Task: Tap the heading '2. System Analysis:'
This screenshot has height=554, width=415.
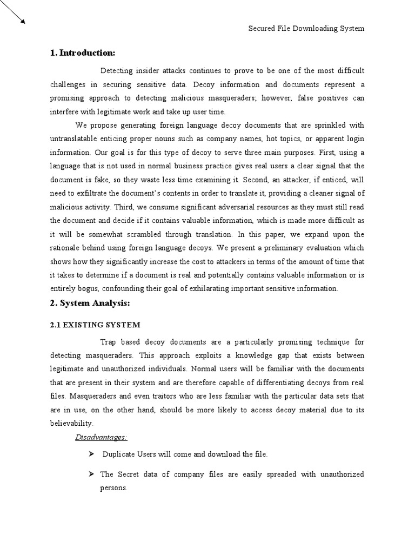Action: pyautogui.click(x=90, y=304)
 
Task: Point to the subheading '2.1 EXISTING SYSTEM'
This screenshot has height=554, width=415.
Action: pyautogui.click(x=95, y=325)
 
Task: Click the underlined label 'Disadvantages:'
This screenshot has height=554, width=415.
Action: pyautogui.click(x=101, y=437)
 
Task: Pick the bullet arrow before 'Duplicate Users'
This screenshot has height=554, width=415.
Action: pyautogui.click(x=91, y=454)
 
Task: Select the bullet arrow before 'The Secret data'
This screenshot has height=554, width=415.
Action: pyautogui.click(x=91, y=474)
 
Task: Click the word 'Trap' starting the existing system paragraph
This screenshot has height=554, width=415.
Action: pyautogui.click(x=109, y=342)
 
